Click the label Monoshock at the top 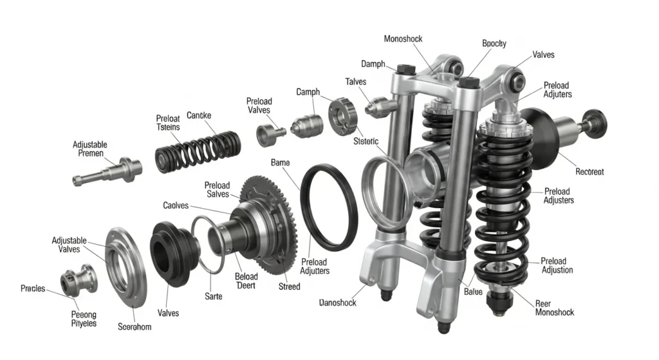coord(403,39)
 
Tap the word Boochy coord(494,44)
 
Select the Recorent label coord(589,172)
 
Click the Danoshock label coord(337,302)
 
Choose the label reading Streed coord(289,286)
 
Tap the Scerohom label coord(135,327)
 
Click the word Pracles coord(33,288)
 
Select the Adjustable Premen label coord(90,149)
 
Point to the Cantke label coord(199,115)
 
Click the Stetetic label coord(366,141)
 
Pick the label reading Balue coord(472,292)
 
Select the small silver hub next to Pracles coord(79,280)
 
